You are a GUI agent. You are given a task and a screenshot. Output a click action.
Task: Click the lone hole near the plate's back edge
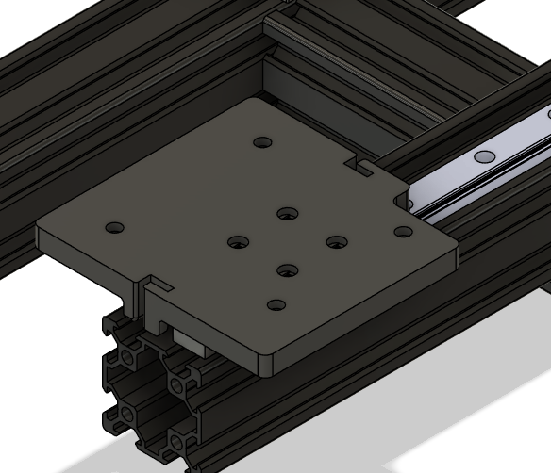pyautogui.click(x=263, y=143)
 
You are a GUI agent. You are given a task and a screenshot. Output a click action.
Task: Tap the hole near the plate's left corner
pyautogui.click(x=115, y=229)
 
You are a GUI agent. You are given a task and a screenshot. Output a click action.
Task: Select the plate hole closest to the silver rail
pyautogui.click(x=403, y=232)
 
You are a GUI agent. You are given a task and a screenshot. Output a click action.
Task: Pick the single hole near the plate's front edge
pyautogui.click(x=275, y=305)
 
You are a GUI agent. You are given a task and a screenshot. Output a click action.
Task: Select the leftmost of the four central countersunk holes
pyautogui.click(x=236, y=243)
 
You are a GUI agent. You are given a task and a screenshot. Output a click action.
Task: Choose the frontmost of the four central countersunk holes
pyautogui.click(x=285, y=271)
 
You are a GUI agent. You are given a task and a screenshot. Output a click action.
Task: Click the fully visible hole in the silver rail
pyautogui.click(x=485, y=155)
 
